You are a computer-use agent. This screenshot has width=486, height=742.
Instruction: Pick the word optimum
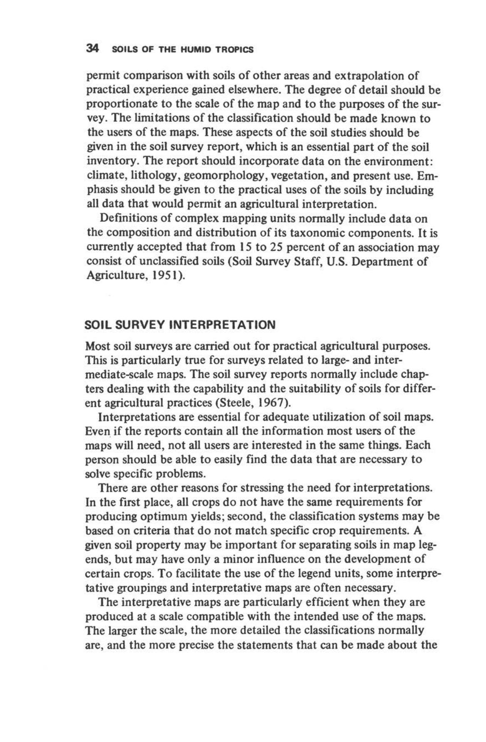tap(176, 516)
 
